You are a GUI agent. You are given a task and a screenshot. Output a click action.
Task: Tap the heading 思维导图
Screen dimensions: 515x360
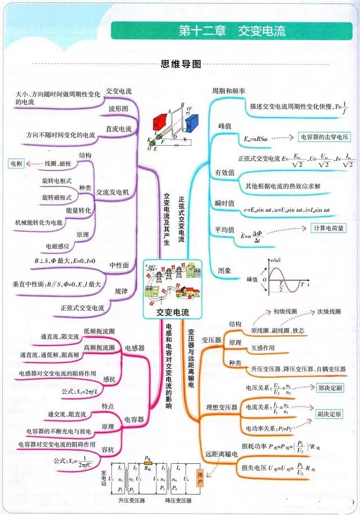tap(181, 64)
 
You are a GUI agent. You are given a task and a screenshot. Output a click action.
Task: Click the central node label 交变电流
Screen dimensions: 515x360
tap(173, 312)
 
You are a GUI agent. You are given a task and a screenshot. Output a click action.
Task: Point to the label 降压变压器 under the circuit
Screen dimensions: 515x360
tap(179, 500)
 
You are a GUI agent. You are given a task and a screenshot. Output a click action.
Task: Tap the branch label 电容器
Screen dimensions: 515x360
tap(134, 419)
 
